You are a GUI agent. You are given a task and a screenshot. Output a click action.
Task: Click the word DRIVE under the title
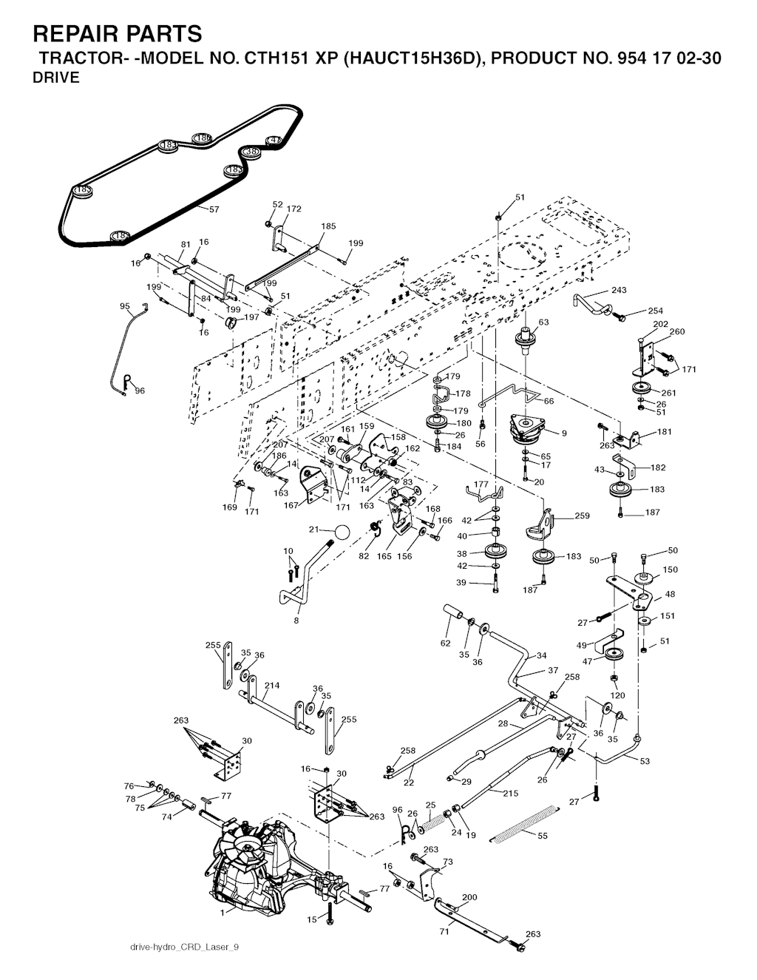click(56, 78)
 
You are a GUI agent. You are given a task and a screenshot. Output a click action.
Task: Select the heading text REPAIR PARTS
click(118, 34)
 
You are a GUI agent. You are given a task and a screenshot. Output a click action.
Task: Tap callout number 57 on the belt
click(214, 209)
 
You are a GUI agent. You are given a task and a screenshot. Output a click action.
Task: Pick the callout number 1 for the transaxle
click(222, 912)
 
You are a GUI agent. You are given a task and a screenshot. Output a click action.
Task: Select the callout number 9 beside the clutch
click(564, 433)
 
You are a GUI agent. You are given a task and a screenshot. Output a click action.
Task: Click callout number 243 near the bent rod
click(619, 290)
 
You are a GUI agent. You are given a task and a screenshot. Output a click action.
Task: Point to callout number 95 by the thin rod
click(124, 305)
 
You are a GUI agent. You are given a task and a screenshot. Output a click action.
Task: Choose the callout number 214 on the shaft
click(272, 686)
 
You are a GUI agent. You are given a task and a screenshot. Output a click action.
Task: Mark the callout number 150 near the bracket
click(670, 570)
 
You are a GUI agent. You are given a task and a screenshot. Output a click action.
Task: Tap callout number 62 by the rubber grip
click(445, 643)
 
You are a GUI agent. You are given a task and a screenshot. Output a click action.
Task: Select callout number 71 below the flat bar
click(444, 932)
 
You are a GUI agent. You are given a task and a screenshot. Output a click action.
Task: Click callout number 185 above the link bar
click(328, 226)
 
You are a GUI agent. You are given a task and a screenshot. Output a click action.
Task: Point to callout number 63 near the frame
click(543, 322)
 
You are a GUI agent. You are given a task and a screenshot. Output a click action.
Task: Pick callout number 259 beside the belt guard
click(582, 516)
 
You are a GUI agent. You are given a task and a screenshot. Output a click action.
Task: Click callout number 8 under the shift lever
click(296, 621)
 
